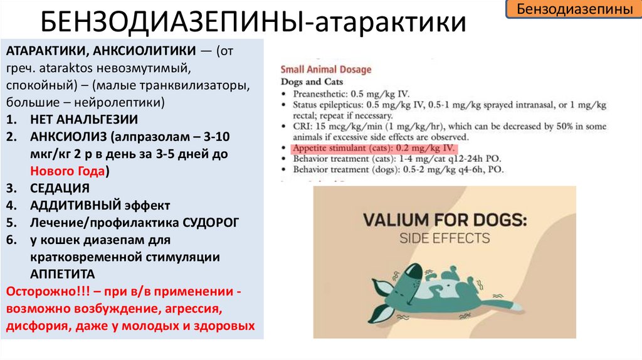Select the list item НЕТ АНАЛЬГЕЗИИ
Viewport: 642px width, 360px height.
(83, 119)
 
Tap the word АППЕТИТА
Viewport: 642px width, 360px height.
(63, 274)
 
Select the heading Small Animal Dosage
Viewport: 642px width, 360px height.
(325, 70)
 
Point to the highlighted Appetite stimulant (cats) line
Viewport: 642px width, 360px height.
(374, 148)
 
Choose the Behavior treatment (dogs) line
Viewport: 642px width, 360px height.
(397, 169)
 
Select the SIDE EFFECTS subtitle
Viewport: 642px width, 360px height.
(445, 238)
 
